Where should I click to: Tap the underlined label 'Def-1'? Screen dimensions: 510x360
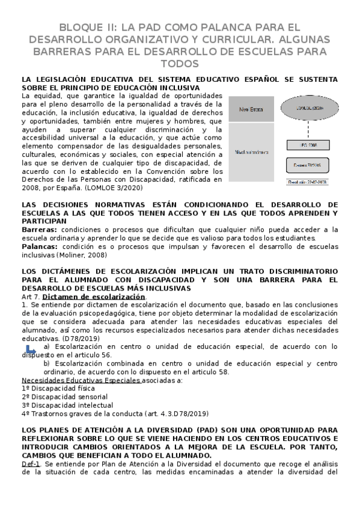(31, 465)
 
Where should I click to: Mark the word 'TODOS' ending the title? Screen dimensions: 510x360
(180, 64)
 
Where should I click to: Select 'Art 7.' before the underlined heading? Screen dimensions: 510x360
(30, 296)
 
